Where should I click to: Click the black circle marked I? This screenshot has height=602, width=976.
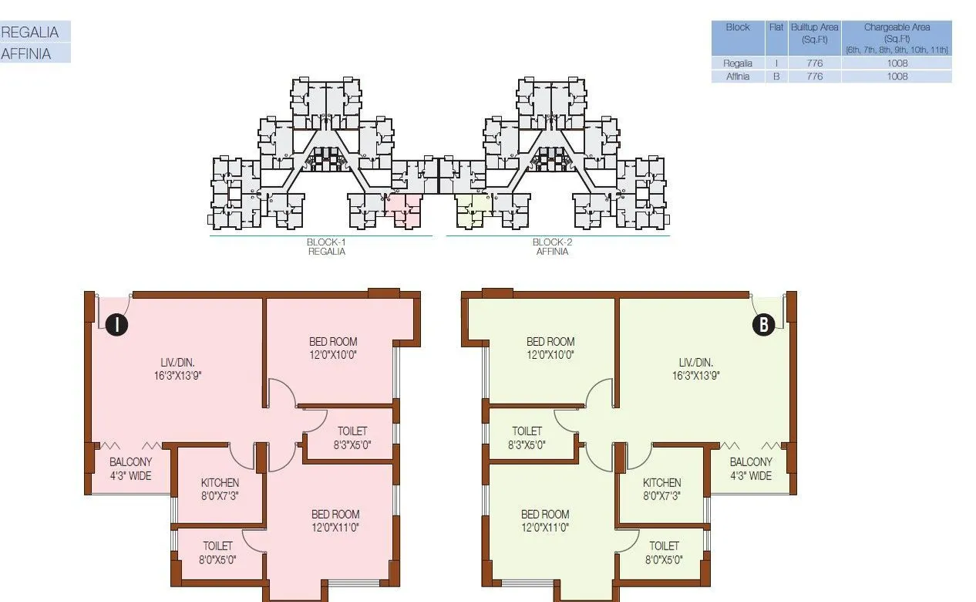pos(116,325)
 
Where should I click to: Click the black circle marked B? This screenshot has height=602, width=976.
pos(763,325)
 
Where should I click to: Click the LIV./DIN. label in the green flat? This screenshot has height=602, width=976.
pos(695,362)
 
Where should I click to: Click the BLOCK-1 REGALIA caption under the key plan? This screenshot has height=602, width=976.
pos(327,246)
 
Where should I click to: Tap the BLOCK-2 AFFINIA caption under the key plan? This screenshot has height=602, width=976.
pos(553,246)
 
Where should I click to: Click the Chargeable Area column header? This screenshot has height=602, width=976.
pos(897,38)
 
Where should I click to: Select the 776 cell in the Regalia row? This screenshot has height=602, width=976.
pos(814,63)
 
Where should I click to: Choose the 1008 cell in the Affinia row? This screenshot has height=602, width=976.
pos(897,76)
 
